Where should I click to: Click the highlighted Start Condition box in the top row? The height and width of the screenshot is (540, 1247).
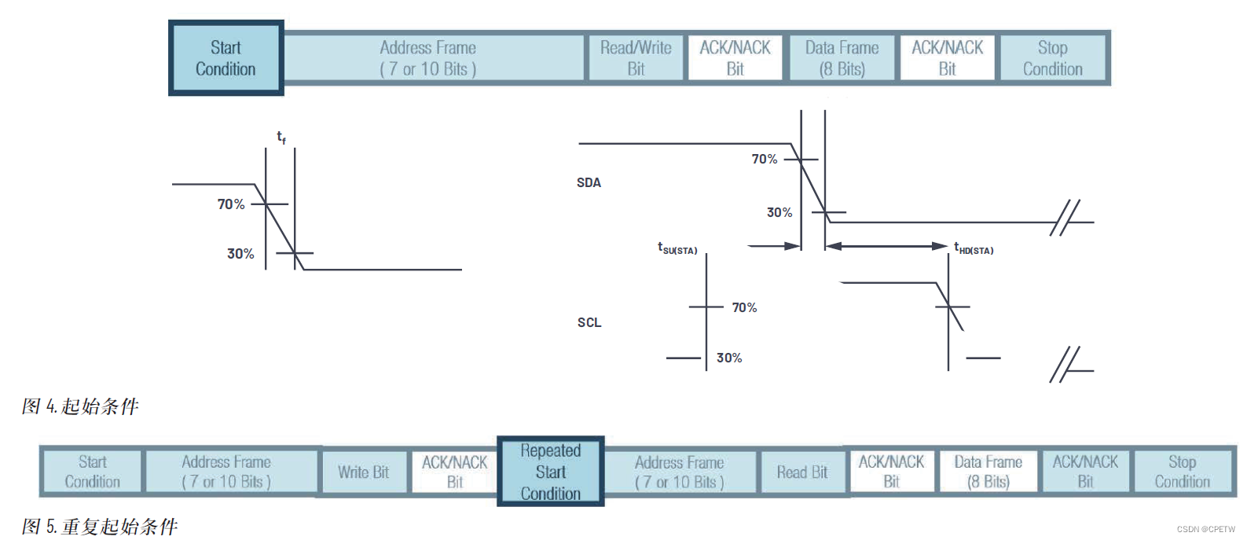(226, 58)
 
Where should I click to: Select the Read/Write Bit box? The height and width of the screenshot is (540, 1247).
(636, 58)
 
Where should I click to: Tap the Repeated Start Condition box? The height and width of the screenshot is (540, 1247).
(550, 472)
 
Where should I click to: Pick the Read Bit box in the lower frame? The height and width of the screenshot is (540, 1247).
(802, 472)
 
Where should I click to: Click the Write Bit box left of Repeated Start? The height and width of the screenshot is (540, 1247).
(363, 472)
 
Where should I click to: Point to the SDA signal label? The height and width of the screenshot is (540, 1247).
(589, 183)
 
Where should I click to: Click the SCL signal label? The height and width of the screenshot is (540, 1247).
(589, 322)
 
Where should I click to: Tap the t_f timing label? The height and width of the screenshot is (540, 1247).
(281, 138)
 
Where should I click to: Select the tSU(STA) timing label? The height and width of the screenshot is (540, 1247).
(677, 248)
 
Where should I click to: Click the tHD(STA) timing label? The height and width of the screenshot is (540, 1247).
(974, 249)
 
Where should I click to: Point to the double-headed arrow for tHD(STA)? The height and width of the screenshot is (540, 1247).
(886, 246)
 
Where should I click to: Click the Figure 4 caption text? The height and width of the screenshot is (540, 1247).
(80, 406)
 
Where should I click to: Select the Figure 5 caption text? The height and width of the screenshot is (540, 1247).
(100, 526)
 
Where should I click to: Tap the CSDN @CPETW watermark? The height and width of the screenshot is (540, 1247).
(1205, 530)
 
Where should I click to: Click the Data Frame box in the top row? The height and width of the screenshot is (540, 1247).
(842, 58)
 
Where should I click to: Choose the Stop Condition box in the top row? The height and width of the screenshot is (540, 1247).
(1052, 58)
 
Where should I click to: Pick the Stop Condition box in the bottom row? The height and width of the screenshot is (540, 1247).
(1182, 472)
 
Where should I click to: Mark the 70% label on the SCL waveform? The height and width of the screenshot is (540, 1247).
(744, 307)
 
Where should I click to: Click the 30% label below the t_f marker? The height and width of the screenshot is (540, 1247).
(240, 254)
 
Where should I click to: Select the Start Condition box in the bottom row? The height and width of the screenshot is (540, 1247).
(93, 472)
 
